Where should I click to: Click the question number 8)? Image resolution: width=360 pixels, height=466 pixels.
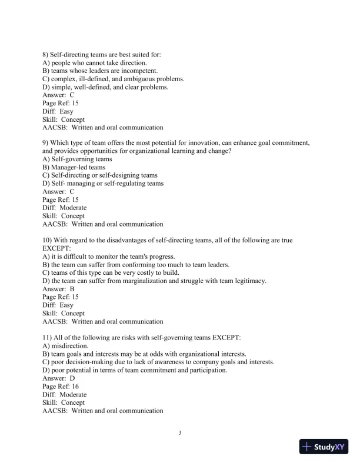tap(46, 55)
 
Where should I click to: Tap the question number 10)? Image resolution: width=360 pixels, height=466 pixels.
tap(48, 240)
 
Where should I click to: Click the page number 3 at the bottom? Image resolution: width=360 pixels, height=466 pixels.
tap(180, 434)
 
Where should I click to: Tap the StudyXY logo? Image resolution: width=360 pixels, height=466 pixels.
tap(325, 447)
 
